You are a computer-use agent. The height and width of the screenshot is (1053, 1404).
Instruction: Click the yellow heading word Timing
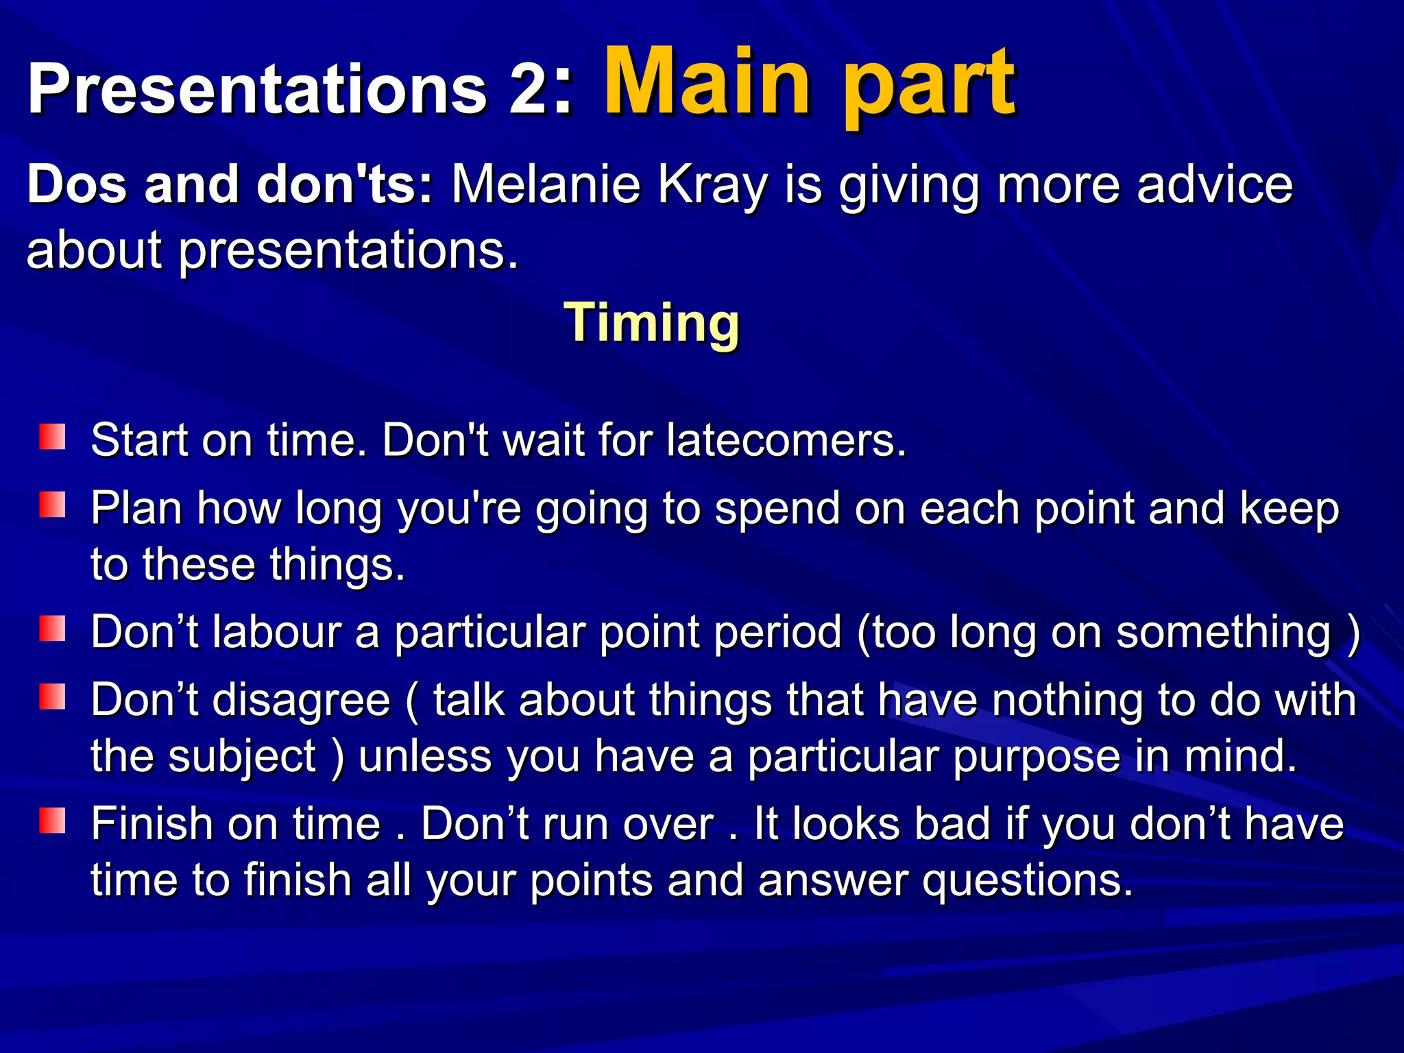pyautogui.click(x=651, y=323)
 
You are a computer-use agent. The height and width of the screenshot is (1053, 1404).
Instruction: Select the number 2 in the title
pyautogui.click(x=526, y=89)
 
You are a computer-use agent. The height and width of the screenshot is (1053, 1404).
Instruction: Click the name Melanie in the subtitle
pyautogui.click(x=545, y=185)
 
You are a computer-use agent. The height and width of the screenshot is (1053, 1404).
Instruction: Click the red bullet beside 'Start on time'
pyautogui.click(x=52, y=437)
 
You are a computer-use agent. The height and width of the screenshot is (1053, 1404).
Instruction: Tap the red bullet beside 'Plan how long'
pyautogui.click(x=52, y=505)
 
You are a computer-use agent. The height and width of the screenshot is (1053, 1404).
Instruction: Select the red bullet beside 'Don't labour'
pyautogui.click(x=52, y=628)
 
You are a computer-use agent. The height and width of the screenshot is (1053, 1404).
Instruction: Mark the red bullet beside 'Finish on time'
pyautogui.click(x=52, y=820)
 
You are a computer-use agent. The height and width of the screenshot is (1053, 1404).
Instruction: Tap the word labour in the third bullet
pyautogui.click(x=277, y=631)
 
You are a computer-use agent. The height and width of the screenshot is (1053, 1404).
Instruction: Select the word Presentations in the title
pyautogui.click(x=257, y=89)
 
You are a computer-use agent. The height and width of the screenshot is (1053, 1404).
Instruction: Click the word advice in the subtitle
pyautogui.click(x=1214, y=185)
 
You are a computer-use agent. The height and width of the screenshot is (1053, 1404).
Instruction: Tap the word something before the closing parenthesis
pyautogui.click(x=1223, y=633)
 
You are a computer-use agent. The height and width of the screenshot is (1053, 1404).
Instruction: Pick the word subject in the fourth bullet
pyautogui.click(x=242, y=758)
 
